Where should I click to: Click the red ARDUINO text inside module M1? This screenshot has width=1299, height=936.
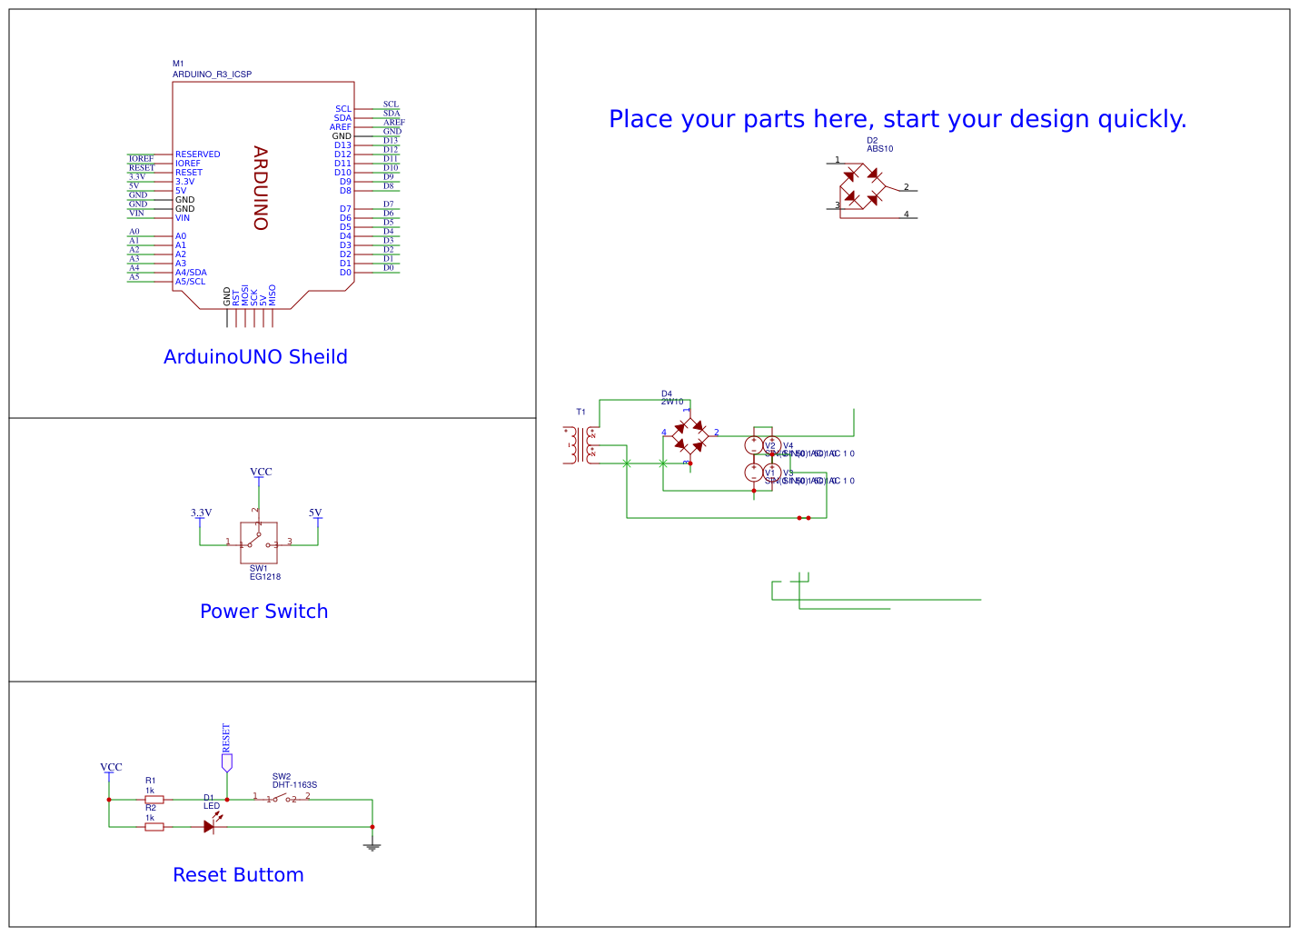pyautogui.click(x=261, y=188)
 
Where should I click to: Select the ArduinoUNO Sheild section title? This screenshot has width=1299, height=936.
pyautogui.click(x=255, y=357)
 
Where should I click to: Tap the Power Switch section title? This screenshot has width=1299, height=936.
pyautogui.click(x=263, y=612)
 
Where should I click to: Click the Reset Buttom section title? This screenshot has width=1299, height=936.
pyautogui.click(x=238, y=875)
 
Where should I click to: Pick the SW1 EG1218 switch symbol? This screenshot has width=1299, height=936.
pyautogui.click(x=258, y=543)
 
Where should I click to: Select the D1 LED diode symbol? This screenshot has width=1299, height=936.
pyautogui.click(x=210, y=826)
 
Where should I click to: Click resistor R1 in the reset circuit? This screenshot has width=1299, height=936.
pyautogui.click(x=154, y=800)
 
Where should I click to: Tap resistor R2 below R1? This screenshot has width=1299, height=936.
pyautogui.click(x=154, y=827)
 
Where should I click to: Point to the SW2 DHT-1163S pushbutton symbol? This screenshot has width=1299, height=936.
pyautogui.click(x=282, y=799)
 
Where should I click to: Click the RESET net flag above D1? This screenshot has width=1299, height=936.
pyautogui.click(x=226, y=762)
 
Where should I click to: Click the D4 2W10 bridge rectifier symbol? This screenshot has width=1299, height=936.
pyautogui.click(x=689, y=437)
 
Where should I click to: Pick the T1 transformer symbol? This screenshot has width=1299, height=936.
pyautogui.click(x=580, y=445)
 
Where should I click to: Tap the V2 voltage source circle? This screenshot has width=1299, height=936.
pyautogui.click(x=754, y=444)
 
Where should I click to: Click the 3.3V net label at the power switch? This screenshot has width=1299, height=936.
pyautogui.click(x=201, y=513)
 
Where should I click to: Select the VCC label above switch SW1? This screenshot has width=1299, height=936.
pyautogui.click(x=261, y=472)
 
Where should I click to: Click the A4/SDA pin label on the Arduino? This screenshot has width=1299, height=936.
pyautogui.click(x=191, y=273)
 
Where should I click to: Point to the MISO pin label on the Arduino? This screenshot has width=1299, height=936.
pyautogui.click(x=273, y=294)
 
